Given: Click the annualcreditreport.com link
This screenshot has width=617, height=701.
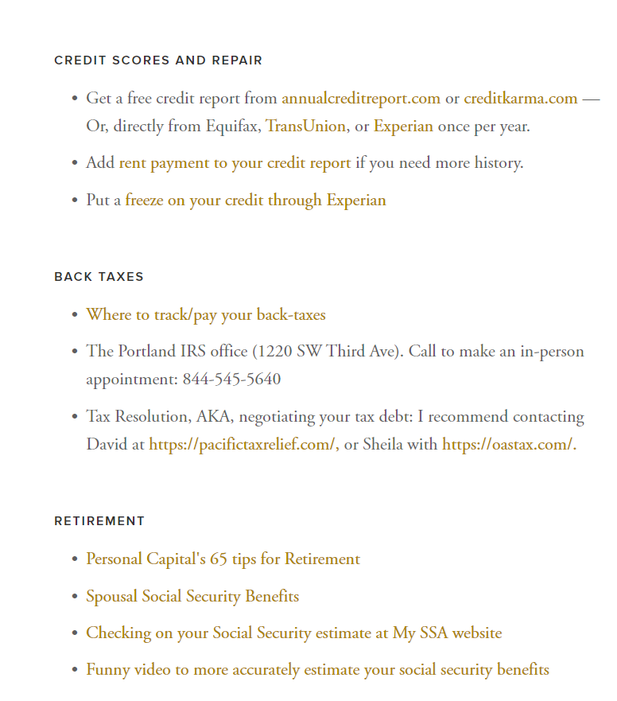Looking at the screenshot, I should [360, 99].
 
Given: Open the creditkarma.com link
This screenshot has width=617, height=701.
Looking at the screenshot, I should [520, 99].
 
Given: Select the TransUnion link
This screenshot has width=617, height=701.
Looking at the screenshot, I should [305, 127].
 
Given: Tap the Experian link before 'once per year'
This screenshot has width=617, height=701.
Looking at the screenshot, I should [403, 127].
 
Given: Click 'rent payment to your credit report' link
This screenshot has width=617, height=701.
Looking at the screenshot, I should [235, 163].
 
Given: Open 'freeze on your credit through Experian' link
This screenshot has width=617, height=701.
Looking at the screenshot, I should [255, 200].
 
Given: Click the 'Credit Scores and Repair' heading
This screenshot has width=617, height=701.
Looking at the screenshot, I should [158, 60].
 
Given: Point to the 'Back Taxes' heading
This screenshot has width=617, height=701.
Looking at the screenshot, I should [99, 277].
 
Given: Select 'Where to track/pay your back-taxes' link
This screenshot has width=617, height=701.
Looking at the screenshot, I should [206, 315].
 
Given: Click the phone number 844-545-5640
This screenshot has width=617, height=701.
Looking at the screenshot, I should [231, 380].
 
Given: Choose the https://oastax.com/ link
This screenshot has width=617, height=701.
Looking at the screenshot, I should [507, 445].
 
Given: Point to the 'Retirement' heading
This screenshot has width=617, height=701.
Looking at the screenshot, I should [99, 521].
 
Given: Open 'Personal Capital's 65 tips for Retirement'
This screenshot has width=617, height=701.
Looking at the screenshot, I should [223, 559].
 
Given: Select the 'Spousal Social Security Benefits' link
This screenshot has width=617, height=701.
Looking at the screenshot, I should [192, 597].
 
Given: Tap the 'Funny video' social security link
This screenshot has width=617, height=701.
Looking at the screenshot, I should [317, 670].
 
